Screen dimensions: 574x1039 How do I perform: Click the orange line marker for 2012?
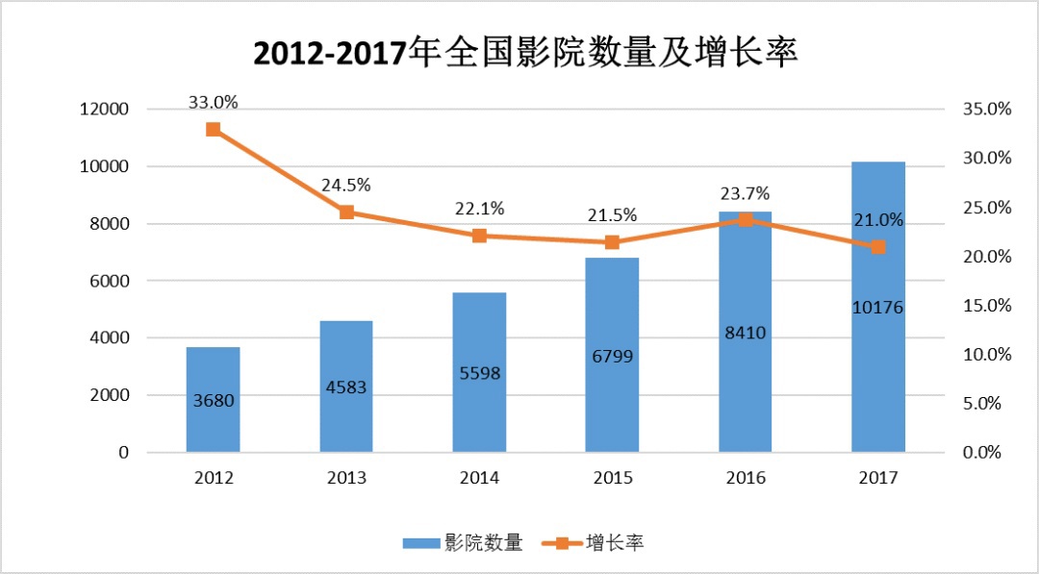click(213, 130)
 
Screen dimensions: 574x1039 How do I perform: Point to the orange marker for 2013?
click(346, 212)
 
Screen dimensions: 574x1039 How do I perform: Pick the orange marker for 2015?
click(612, 242)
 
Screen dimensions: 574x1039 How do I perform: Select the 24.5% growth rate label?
click(346, 186)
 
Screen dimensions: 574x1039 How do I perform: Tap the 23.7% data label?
click(745, 193)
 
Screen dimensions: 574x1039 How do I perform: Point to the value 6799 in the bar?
click(612, 357)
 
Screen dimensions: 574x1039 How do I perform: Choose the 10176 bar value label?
click(877, 308)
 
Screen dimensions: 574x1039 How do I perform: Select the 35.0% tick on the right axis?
click(986, 110)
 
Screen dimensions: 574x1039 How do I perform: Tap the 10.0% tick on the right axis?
click(986, 355)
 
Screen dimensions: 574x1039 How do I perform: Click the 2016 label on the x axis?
click(745, 478)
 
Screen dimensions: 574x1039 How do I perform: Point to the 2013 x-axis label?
click(346, 478)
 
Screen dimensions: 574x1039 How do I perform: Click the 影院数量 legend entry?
click(463, 543)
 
